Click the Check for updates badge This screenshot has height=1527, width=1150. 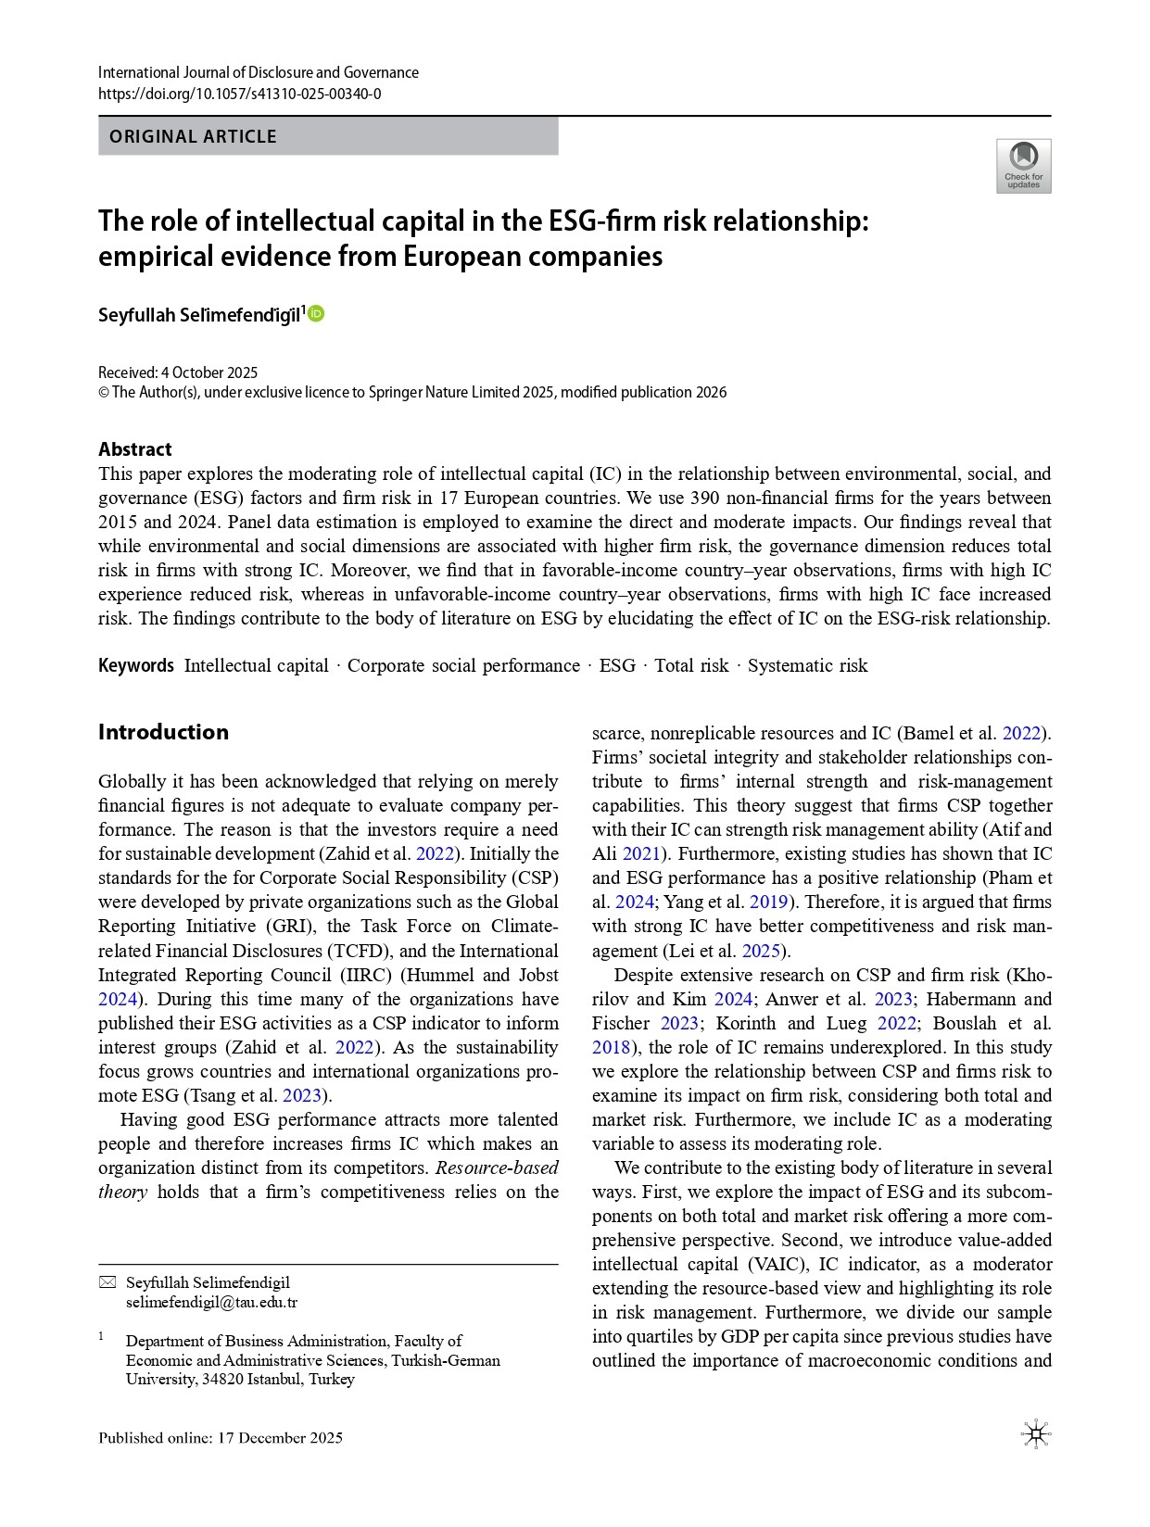pyautogui.click(x=1023, y=166)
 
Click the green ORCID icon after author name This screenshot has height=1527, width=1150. pyautogui.click(x=316, y=314)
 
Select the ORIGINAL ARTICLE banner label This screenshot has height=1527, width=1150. pyautogui.click(x=193, y=136)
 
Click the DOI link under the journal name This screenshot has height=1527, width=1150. pyautogui.click(x=239, y=94)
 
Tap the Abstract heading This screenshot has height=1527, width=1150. pyautogui.click(x=135, y=449)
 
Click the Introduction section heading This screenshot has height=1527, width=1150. pyautogui.click(x=163, y=732)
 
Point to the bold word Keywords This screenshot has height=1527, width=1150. pyautogui.click(x=136, y=665)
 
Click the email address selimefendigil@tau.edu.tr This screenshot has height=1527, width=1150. pyautogui.click(x=211, y=1302)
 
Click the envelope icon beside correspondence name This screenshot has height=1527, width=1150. pyautogui.click(x=107, y=1282)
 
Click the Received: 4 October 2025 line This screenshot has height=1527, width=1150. pyautogui.click(x=178, y=372)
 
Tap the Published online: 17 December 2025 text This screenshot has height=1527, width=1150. pyautogui.click(x=221, y=1438)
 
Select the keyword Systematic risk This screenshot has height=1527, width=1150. pyautogui.click(x=807, y=665)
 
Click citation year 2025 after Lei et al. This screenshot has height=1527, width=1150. pyautogui.click(x=762, y=951)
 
